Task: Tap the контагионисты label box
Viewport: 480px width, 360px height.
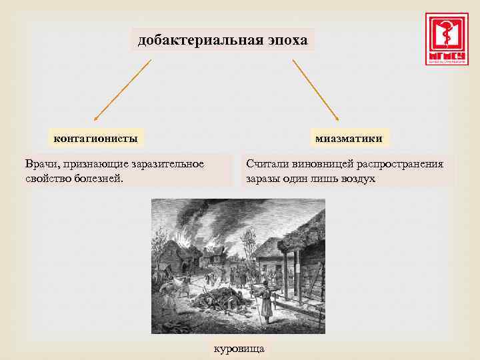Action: (96, 139)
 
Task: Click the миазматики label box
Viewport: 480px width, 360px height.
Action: (349, 139)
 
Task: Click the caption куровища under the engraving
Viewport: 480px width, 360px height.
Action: (239, 349)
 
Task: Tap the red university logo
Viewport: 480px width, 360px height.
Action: (447, 39)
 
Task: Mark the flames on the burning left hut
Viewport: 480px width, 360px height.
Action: (183, 237)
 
